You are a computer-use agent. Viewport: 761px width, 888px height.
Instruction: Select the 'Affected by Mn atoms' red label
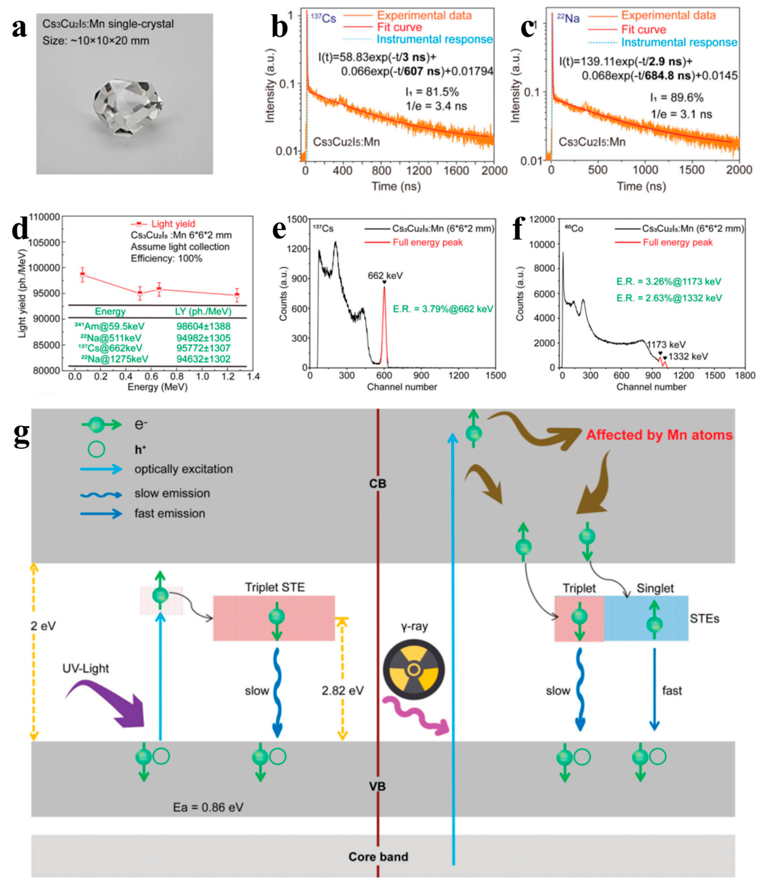click(659, 435)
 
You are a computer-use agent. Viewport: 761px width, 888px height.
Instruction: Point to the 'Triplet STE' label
click(275, 587)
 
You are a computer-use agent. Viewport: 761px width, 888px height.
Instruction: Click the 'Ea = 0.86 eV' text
click(208, 807)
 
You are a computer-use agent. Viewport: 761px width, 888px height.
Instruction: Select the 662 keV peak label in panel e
click(385, 276)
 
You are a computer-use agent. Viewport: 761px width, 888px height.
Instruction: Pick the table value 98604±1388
click(203, 326)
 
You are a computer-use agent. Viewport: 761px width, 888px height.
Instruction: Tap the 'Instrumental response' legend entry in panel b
click(434, 39)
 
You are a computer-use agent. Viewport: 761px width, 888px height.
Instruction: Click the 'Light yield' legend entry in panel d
click(173, 224)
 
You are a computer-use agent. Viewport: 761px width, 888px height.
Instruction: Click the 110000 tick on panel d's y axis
click(44, 217)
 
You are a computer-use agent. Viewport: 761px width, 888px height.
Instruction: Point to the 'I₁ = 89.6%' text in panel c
click(676, 98)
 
